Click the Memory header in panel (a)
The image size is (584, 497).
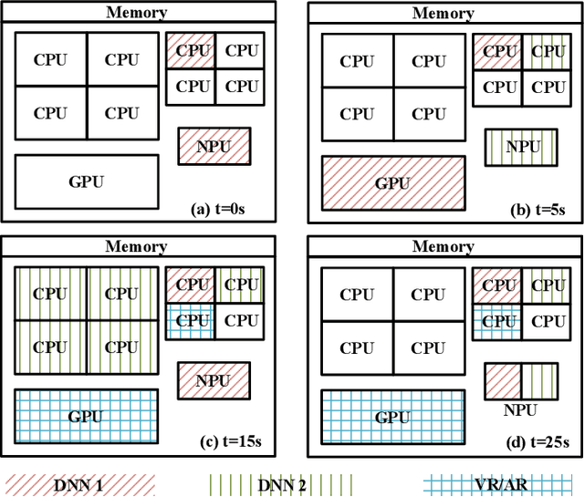[137, 12]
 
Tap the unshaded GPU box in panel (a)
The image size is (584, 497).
[87, 181]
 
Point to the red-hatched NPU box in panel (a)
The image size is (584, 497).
[214, 145]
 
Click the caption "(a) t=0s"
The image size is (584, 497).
[217, 209]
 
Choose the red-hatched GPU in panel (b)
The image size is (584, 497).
[392, 182]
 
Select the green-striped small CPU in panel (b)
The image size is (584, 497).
[547, 51]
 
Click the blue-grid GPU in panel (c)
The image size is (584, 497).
[86, 417]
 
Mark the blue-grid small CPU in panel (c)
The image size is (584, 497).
[192, 320]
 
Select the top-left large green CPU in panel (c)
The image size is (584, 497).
[50, 294]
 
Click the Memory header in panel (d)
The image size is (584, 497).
[443, 246]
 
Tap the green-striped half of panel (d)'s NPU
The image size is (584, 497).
[537, 378]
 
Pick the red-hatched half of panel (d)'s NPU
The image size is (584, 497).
[502, 378]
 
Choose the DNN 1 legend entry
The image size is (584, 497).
[78, 485]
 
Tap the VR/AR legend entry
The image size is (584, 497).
[502, 485]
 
